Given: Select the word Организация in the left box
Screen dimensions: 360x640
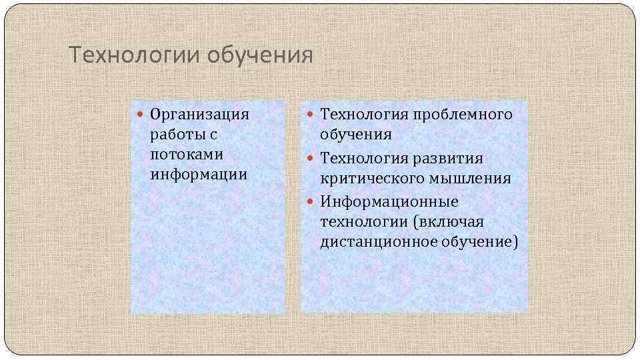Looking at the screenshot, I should [x=199, y=115].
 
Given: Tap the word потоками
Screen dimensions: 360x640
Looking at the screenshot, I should [x=187, y=155].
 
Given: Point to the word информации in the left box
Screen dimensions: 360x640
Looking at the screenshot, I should [x=199, y=175].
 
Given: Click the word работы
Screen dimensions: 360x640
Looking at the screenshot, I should [x=176, y=135].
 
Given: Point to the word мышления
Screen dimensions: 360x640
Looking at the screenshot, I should [x=476, y=179].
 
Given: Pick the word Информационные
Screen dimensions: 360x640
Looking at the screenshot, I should [x=389, y=201].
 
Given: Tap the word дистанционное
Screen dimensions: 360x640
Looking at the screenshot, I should [x=378, y=241].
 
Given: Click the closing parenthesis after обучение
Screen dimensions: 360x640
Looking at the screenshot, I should [x=515, y=241].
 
